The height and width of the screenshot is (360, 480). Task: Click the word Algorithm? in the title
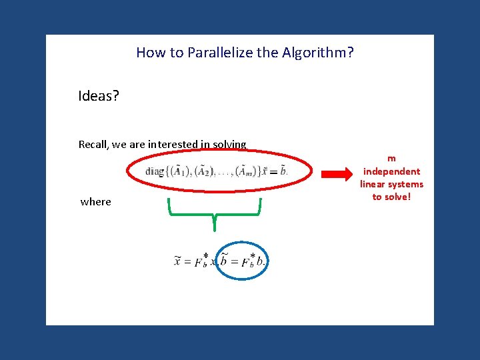click(x=315, y=52)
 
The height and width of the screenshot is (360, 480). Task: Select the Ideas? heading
click(x=99, y=96)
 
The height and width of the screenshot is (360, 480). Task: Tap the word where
click(x=96, y=201)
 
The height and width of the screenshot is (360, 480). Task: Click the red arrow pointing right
click(x=339, y=175)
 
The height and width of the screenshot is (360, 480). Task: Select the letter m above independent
click(x=391, y=159)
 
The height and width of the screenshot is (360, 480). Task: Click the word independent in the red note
click(x=391, y=171)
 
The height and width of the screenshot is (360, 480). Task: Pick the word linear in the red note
click(x=375, y=184)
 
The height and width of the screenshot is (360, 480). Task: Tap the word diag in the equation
click(x=155, y=171)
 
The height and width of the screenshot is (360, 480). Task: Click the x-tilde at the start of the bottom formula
click(x=178, y=261)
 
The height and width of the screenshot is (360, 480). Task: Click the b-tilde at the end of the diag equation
click(x=283, y=171)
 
